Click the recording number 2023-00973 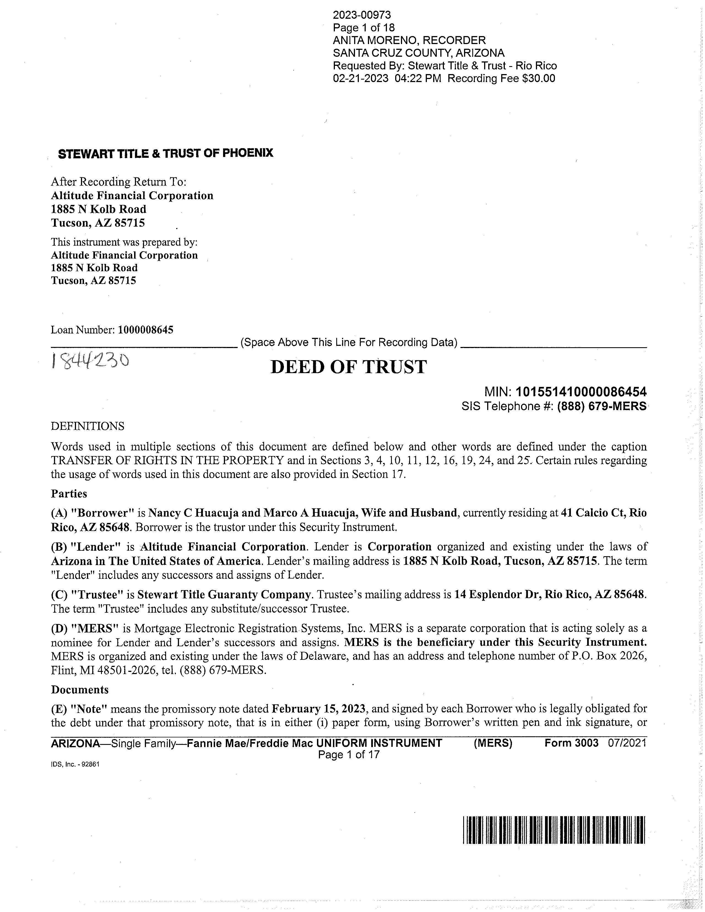[362, 15]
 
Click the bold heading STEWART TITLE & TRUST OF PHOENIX [166, 154]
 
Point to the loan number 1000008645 [145, 330]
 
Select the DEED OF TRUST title [349, 367]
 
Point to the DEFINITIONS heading [88, 426]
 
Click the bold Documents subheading [80, 690]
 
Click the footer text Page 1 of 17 [349, 754]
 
